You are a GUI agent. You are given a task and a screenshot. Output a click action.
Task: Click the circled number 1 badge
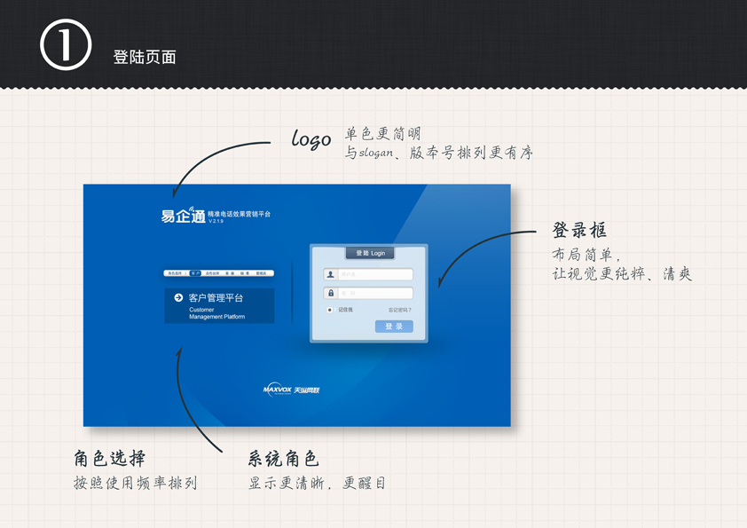pyautogui.click(x=66, y=45)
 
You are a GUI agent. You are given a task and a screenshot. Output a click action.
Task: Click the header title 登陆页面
pyautogui.click(x=145, y=57)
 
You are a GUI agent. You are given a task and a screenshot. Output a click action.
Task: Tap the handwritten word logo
pyautogui.click(x=311, y=138)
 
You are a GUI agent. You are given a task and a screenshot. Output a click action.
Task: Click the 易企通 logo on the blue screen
pyautogui.click(x=183, y=215)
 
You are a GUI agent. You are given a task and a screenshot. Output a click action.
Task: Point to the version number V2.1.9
pyautogui.click(x=217, y=221)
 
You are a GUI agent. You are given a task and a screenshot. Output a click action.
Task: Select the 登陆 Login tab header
pyautogui.click(x=370, y=253)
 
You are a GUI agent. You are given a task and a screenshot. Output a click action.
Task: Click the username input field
pyautogui.click(x=375, y=274)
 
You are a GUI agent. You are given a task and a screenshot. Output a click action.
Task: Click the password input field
pyautogui.click(x=375, y=293)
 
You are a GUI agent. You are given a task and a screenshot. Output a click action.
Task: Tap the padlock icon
pyautogui.click(x=331, y=293)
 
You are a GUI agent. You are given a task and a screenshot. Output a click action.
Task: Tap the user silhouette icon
pyautogui.click(x=331, y=274)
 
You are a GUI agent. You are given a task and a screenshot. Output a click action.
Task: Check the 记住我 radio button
pyautogui.click(x=330, y=310)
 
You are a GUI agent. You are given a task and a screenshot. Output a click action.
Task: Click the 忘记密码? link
pyautogui.click(x=399, y=310)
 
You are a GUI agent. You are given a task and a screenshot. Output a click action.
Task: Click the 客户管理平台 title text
pyautogui.click(x=216, y=298)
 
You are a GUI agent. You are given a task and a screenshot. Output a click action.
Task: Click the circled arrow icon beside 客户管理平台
pyautogui.click(x=178, y=298)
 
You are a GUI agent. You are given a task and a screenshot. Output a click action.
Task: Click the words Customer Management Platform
pyautogui.click(x=216, y=313)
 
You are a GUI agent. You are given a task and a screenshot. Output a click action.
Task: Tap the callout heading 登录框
pyautogui.click(x=579, y=231)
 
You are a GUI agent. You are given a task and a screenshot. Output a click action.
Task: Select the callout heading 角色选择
pyautogui.click(x=110, y=459)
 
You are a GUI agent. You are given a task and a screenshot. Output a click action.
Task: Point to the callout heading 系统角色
pyautogui.click(x=283, y=459)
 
